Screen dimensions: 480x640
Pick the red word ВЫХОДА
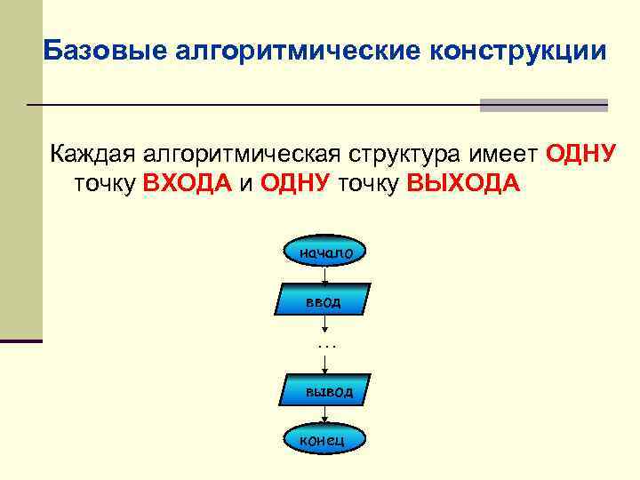(x=463, y=183)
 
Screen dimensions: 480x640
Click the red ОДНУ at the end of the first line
(x=580, y=154)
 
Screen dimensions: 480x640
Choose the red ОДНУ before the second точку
(x=296, y=183)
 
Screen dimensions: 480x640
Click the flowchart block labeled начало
(x=325, y=252)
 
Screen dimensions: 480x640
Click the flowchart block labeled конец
(x=325, y=438)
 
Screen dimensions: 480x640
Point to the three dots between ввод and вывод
(x=326, y=341)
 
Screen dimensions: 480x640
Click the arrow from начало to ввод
(x=325, y=275)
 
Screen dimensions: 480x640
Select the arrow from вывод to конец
(x=325, y=414)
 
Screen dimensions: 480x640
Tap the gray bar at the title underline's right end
(x=543, y=105)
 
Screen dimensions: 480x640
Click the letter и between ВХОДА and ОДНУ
(x=248, y=183)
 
